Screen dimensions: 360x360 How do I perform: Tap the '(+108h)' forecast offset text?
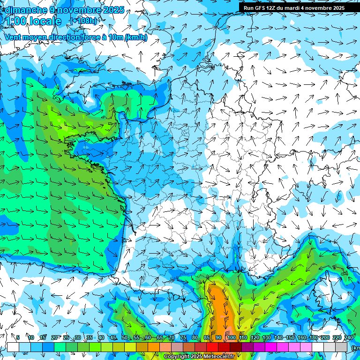point(83,21)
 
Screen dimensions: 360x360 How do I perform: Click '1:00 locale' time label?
point(33,21)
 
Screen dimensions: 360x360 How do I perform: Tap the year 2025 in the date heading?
point(112,10)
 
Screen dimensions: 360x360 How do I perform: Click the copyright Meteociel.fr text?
point(199,357)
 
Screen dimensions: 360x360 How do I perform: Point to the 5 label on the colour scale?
point(18,337)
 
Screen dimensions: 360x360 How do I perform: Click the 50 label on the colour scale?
point(124,337)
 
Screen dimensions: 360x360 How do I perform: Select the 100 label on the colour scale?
point(231,337)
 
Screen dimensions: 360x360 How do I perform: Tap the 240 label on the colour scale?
point(349,337)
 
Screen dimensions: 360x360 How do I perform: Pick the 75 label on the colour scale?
point(183,337)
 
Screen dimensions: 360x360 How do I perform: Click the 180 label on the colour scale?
point(313,337)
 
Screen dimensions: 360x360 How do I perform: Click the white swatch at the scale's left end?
point(13,347)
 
